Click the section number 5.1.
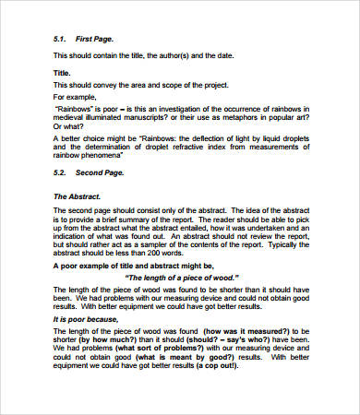(x=60, y=40)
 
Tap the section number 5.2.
(x=60, y=173)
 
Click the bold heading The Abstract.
(x=76, y=196)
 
